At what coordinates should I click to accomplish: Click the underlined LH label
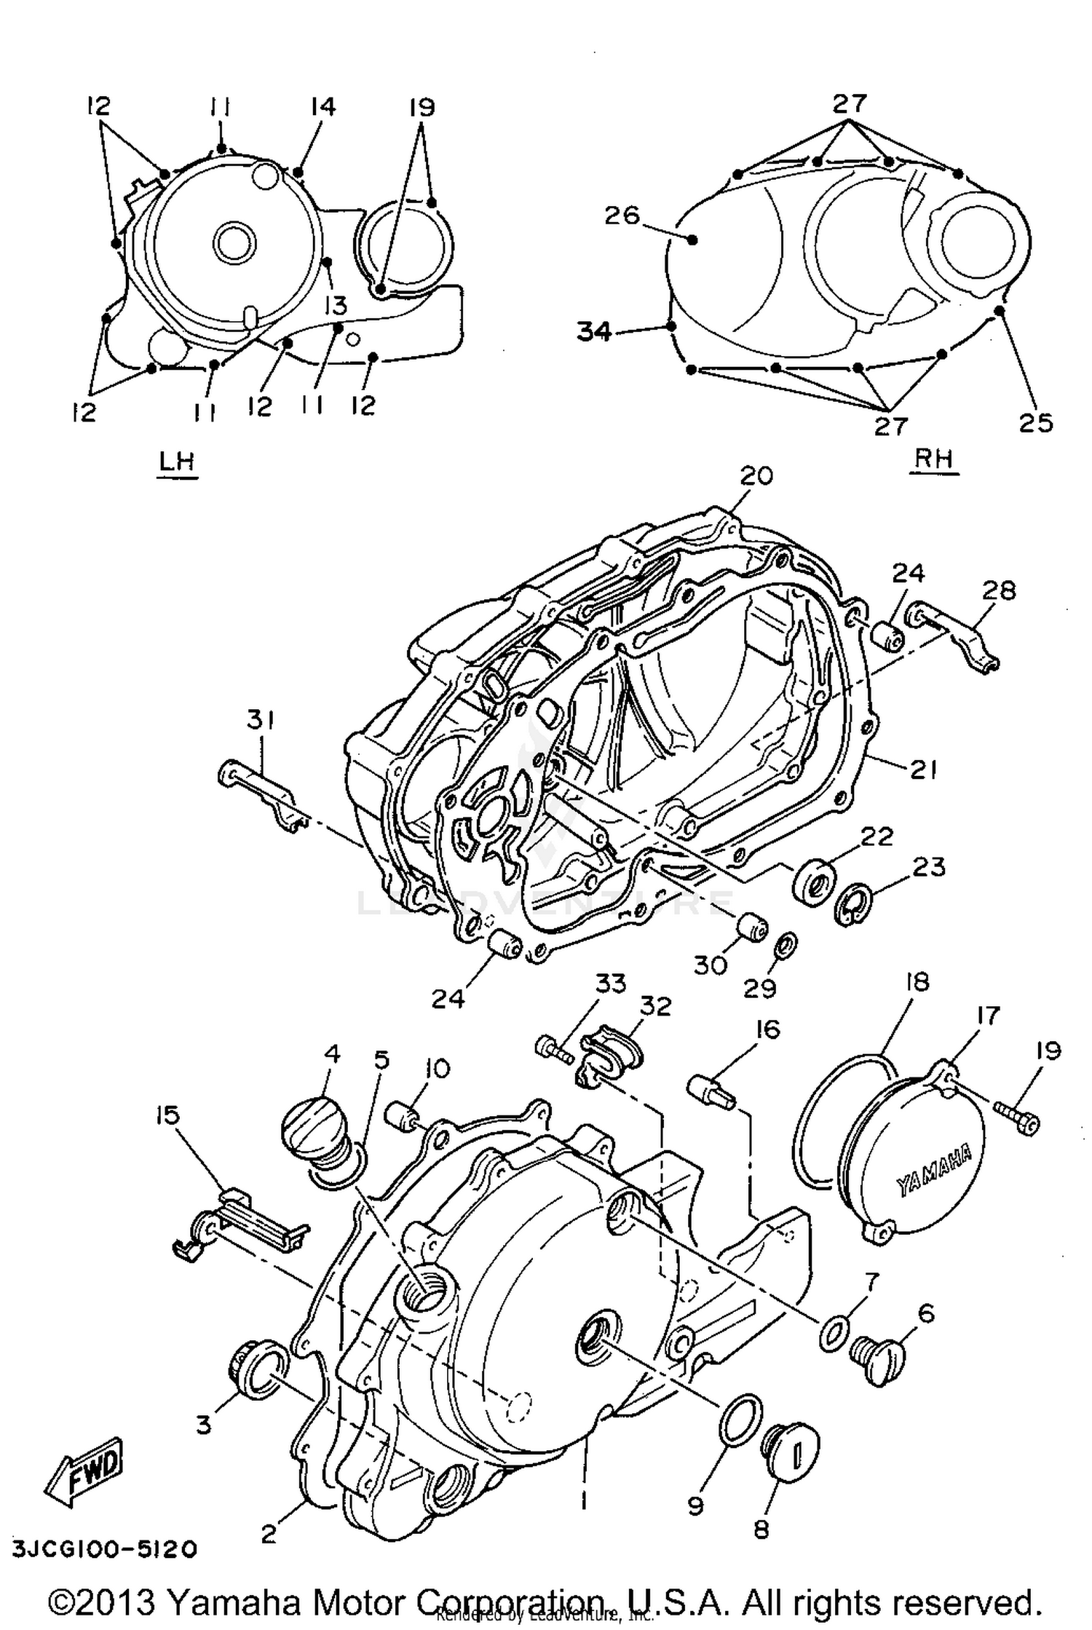tap(177, 461)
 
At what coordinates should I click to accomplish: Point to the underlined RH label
tap(933, 459)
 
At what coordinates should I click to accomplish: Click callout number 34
tap(596, 332)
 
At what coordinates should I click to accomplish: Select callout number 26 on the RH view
tap(622, 215)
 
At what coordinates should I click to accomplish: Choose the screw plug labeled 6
tap(878, 1358)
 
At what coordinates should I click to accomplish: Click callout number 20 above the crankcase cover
tap(756, 477)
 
